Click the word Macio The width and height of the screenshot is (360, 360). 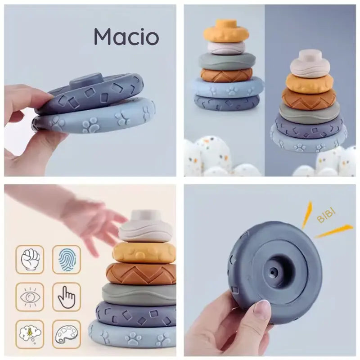pyautogui.click(x=126, y=37)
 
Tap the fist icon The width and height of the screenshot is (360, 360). pyautogui.click(x=30, y=260)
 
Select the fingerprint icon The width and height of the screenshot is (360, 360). pyautogui.click(x=67, y=260)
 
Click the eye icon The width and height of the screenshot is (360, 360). pyautogui.click(x=30, y=297)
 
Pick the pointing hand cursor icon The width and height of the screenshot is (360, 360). pyautogui.click(x=67, y=297)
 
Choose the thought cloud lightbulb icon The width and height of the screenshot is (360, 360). pyautogui.click(x=30, y=334)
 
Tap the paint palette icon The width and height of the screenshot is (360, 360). pyautogui.click(x=67, y=334)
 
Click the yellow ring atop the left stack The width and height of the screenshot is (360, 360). pyautogui.click(x=226, y=32)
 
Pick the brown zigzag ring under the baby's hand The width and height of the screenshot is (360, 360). pyautogui.click(x=141, y=274)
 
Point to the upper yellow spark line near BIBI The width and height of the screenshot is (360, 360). pyautogui.click(x=307, y=215)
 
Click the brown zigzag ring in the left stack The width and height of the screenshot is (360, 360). pyautogui.click(x=226, y=75)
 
